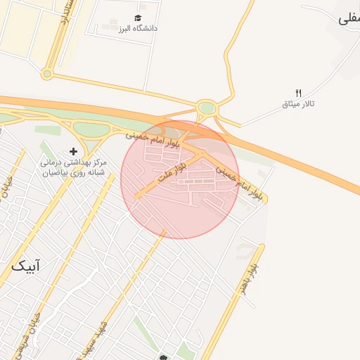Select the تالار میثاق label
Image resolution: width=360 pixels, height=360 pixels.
coord(298,104)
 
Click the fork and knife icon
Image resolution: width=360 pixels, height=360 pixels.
coord(298,93)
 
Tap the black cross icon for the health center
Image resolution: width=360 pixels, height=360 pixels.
coord(73,151)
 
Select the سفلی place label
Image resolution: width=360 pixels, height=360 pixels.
coord(347,19)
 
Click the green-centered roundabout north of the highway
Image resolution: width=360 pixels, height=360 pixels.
coord(207,108)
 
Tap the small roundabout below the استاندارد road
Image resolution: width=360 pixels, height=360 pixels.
coord(47,73)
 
